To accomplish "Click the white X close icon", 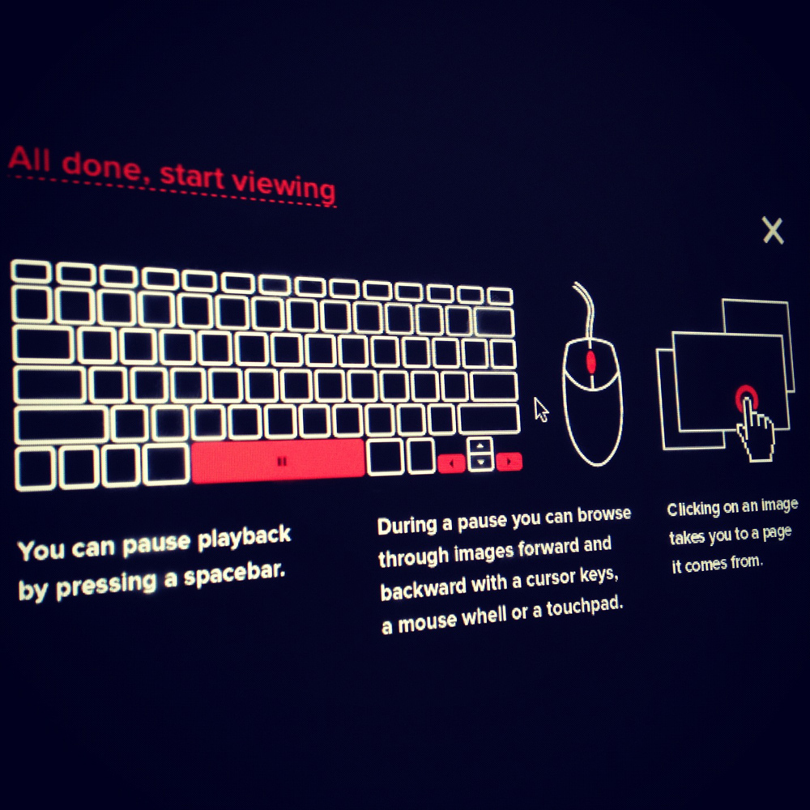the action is tap(773, 230).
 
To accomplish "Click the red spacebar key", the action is tap(278, 461).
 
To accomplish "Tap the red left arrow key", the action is tap(451, 463).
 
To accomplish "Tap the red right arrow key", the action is tap(509, 462).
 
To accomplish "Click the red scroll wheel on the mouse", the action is tap(591, 362).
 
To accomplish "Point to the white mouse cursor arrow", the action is tap(541, 410).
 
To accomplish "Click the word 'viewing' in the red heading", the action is tap(283, 185).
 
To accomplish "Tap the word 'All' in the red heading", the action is tap(29, 158).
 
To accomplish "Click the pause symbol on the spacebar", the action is tap(282, 462).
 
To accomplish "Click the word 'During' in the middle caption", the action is tap(407, 526).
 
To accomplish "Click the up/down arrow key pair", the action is tap(480, 454).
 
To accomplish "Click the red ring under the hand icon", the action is tap(747, 398).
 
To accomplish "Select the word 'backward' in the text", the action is tap(423, 590).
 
